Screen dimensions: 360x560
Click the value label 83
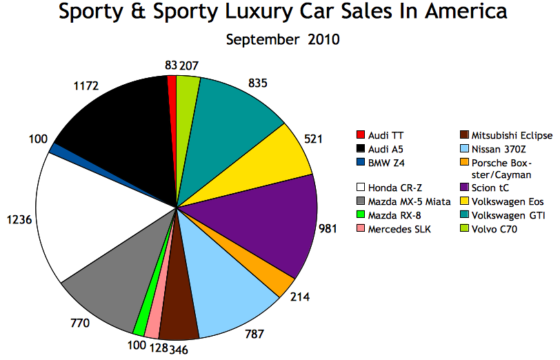170,66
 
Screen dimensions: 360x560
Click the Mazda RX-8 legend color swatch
360,216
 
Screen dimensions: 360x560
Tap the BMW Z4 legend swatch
360,162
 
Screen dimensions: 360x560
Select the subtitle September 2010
283,39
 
